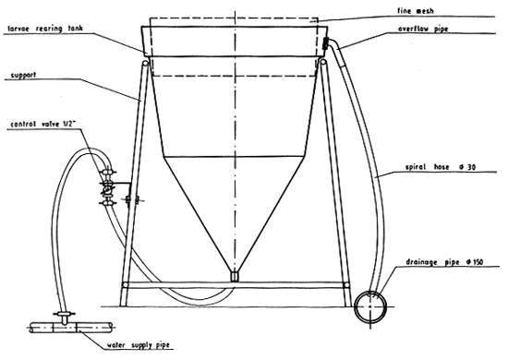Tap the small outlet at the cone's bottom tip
click(x=235, y=275)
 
